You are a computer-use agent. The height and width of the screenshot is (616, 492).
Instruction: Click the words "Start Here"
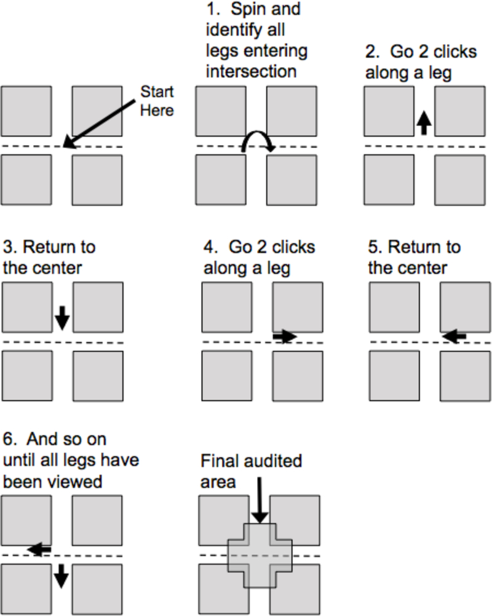157,101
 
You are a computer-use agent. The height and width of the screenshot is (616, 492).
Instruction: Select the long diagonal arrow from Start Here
102,126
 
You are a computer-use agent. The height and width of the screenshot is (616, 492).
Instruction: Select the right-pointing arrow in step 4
285,336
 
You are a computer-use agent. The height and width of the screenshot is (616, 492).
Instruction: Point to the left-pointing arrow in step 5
454,336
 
